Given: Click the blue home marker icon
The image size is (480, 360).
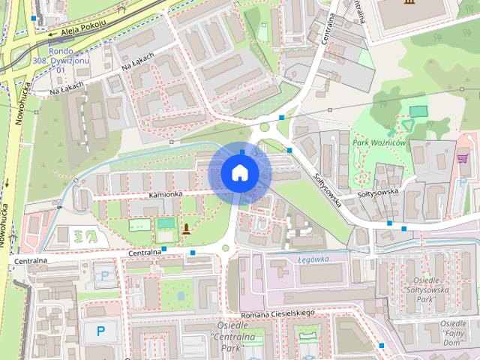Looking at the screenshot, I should (239, 172).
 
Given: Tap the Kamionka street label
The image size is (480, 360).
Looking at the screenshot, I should (165, 194).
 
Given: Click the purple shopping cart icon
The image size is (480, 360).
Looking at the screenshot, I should (462, 158).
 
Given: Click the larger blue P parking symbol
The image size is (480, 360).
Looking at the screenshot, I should (100, 330).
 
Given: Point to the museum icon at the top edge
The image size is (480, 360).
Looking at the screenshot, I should (407, 4).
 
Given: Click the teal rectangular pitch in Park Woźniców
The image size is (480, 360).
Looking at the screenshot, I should (418, 111).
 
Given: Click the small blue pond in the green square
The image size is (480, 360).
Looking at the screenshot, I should (164, 223).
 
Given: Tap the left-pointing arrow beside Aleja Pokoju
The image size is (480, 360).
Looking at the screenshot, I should (50, 33).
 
